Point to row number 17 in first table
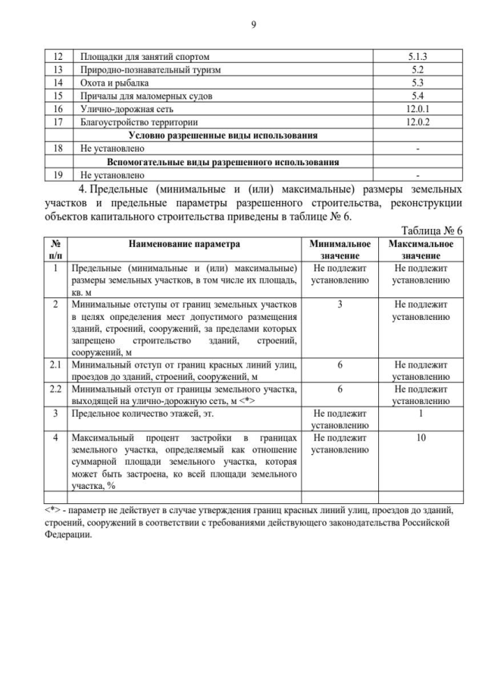[55, 121]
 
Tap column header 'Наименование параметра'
[184, 244]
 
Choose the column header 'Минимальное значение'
[340, 249]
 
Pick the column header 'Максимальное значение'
[421, 249]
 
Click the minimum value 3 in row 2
[340, 304]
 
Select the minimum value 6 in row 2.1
[340, 365]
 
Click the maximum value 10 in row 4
[421, 437]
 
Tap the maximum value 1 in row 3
[421, 413]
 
